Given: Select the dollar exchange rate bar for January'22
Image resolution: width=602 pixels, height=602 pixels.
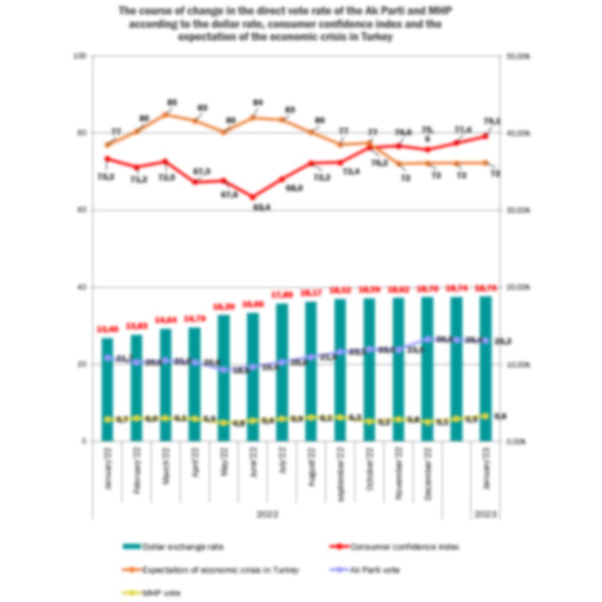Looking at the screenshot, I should click(107, 388).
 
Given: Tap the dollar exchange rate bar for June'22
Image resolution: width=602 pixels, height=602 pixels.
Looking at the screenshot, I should click(253, 376).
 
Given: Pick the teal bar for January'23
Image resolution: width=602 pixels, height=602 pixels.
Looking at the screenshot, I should click(486, 367).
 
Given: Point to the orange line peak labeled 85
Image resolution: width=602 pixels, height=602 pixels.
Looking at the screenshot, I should click(166, 113).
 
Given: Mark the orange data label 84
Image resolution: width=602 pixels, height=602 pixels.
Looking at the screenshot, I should click(257, 103).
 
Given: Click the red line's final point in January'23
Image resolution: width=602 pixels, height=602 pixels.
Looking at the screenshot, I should click(486, 136).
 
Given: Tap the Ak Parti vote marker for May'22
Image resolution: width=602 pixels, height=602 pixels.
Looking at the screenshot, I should click(223, 370).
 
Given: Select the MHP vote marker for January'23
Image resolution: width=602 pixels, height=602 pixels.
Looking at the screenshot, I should click(486, 416).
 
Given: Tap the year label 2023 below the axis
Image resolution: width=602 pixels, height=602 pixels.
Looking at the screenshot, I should click(486, 514).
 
